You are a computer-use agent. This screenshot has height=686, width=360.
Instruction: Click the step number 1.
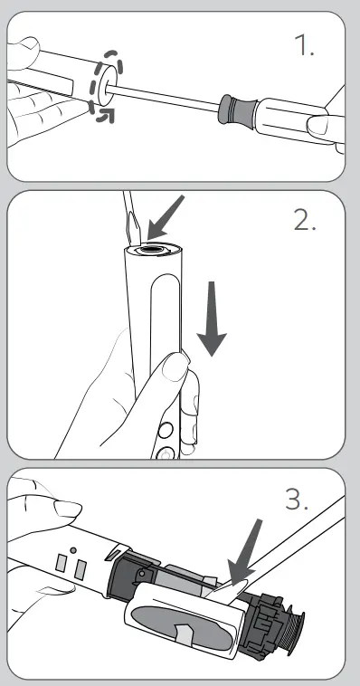pyautogui.click(x=304, y=44)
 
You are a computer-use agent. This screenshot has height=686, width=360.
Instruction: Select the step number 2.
pyautogui.click(x=305, y=221)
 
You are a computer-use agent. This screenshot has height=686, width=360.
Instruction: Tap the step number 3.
pyautogui.click(x=297, y=500)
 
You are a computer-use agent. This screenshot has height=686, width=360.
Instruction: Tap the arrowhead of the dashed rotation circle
pyautogui.click(x=106, y=116)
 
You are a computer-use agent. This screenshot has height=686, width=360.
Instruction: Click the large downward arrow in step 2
pyautogui.click(x=212, y=319)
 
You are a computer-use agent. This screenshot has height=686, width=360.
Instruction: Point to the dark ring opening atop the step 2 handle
pyautogui.click(x=153, y=250)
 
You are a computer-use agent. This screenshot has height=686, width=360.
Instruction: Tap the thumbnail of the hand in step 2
pyautogui.click(x=175, y=367)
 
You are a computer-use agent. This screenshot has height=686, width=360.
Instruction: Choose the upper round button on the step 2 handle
pyautogui.click(x=166, y=431)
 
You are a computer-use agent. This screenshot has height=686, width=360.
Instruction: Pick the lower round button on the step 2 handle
pyautogui.click(x=166, y=453)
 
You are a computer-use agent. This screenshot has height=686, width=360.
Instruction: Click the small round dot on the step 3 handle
pyautogui.click(x=73, y=550)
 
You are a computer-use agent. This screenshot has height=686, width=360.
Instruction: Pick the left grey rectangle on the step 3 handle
pyautogui.click(x=62, y=563)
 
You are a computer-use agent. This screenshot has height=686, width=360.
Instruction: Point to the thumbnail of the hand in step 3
pyautogui.click(x=67, y=510)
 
